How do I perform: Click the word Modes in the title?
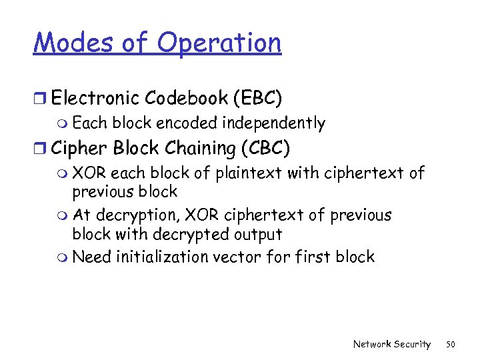[74, 43]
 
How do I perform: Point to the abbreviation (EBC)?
[257, 99]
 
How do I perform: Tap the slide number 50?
[451, 345]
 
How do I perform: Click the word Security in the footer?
[411, 345]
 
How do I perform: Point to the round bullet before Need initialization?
[63, 258]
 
